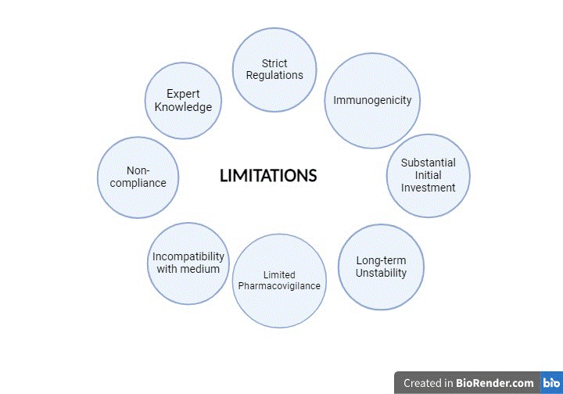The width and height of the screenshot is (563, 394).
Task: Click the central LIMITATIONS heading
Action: coord(268,176)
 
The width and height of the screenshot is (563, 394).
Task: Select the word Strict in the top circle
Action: coord(274,63)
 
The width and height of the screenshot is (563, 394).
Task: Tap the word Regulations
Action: coord(274,76)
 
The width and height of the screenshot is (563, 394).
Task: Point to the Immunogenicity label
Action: coord(372,101)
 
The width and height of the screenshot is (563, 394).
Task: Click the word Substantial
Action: coord(428,163)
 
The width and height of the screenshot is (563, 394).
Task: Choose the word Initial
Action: coord(428,175)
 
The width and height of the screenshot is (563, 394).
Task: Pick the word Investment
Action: coord(428,188)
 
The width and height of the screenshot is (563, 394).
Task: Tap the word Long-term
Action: coord(381,260)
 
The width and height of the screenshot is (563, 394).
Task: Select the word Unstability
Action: coord(381,273)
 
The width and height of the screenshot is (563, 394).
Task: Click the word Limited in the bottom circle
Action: coord(279,275)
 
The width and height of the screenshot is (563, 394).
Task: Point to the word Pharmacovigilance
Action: coord(279,286)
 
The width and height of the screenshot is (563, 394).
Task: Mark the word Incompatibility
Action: coord(188,257)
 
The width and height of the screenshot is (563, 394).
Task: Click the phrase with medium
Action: coord(188,269)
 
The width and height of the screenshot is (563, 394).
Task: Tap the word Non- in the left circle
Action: coord(138,170)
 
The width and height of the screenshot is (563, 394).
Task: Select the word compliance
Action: coord(138,184)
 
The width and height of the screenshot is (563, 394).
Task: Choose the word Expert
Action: coord(183,94)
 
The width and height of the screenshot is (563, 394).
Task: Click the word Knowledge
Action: coord(183,107)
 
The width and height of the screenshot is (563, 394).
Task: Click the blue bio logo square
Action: coord(551,382)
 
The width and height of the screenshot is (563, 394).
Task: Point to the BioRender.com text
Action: coord(495,383)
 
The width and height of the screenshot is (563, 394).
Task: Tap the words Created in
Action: coord(428,383)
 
